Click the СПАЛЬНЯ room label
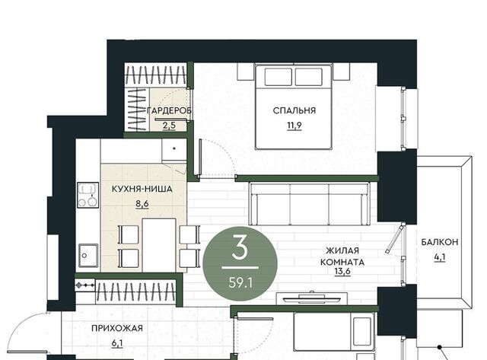pyautogui.click(x=294, y=110)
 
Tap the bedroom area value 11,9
pyautogui.click(x=294, y=126)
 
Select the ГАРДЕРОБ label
pyautogui.click(x=169, y=110)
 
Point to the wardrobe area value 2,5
pyautogui.click(x=169, y=126)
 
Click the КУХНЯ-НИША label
pyautogui.click(x=142, y=189)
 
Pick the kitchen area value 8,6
pyautogui.click(x=142, y=204)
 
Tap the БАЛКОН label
pyautogui.click(x=440, y=242)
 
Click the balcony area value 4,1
pyautogui.click(x=440, y=257)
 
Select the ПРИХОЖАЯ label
pyautogui.click(x=117, y=328)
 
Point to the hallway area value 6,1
pyautogui.click(x=117, y=343)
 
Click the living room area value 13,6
pyautogui.click(x=342, y=272)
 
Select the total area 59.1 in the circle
pyautogui.click(x=240, y=283)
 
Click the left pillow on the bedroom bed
pyautogui.click(x=279, y=77)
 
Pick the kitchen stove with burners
pyautogui.click(x=88, y=195)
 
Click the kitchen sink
pyautogui.click(x=88, y=255)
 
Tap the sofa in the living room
pyautogui.click(x=310, y=204)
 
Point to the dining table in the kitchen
pyautogui.click(x=159, y=245)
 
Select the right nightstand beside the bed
pyautogui.click(x=342, y=72)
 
